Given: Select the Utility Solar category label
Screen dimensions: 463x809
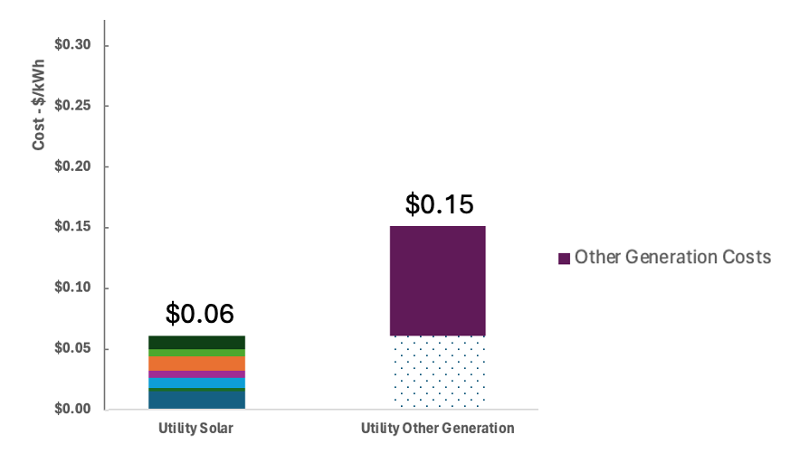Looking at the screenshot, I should click(196, 429).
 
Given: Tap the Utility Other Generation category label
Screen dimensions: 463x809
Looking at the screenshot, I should click(437, 429).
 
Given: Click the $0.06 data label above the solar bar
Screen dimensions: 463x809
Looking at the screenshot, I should click(199, 314).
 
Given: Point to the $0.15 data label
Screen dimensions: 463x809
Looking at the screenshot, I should click(439, 204).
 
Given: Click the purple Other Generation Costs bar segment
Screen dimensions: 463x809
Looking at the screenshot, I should click(438, 280).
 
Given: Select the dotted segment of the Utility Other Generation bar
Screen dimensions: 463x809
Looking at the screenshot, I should click(438, 373).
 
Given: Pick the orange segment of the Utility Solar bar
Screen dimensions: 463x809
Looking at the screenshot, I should click(196, 363).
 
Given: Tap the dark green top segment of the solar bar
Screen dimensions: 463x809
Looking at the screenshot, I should click(196, 342).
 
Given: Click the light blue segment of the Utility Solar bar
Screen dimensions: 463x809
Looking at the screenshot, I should click(196, 383).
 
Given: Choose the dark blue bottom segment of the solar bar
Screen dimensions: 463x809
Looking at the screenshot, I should click(196, 399).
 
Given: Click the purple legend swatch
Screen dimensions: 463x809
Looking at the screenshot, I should click(564, 259).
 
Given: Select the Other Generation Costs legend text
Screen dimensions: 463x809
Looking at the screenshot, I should click(672, 258).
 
